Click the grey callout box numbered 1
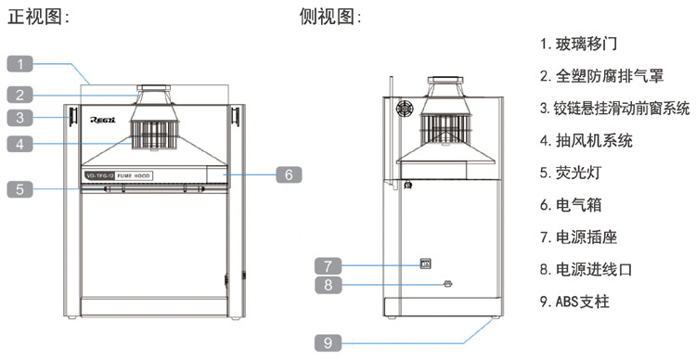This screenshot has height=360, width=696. point(24,63)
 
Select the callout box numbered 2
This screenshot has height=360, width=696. point(24,94)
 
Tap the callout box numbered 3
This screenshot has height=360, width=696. point(24,118)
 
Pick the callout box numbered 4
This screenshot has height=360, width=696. point(24,144)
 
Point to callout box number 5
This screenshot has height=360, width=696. point(24,189)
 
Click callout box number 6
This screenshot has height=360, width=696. point(288,174)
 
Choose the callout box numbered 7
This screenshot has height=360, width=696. point(329,264)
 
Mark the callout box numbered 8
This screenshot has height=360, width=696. point(329,285)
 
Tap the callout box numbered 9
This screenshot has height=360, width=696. point(329,342)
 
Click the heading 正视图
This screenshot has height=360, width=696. point(38,17)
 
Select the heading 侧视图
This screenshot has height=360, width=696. point(331,17)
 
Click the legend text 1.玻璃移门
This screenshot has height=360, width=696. point(579,43)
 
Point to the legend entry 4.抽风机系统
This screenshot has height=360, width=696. point(586,141)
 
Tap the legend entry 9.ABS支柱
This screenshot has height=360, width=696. point(575,302)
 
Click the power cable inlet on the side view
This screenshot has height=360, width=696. point(446,284)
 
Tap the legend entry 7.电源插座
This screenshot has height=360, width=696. point(579,238)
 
